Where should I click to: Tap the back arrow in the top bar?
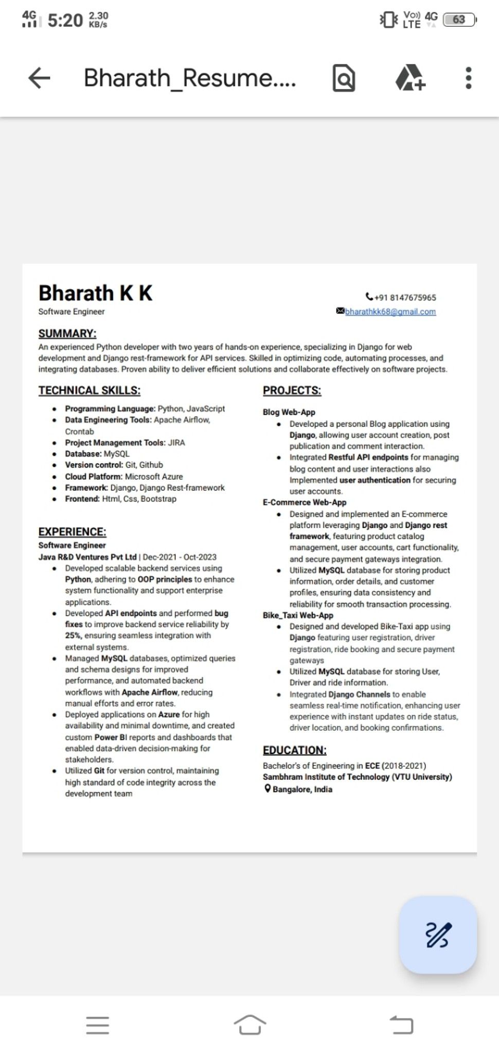click(x=39, y=78)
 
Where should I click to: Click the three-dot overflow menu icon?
click(x=468, y=78)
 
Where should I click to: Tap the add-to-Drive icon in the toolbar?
click(x=410, y=78)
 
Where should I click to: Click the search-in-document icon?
click(x=344, y=78)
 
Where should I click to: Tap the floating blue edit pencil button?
click(x=438, y=935)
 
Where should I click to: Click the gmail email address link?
click(x=390, y=311)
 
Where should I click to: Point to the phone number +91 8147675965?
click(x=405, y=297)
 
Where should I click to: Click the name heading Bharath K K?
click(x=96, y=293)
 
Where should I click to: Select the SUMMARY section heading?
click(x=67, y=333)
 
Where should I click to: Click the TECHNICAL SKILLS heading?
click(x=90, y=391)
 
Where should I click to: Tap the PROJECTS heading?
click(x=292, y=391)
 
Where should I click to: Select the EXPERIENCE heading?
click(x=73, y=532)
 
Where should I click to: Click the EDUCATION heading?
click(x=295, y=750)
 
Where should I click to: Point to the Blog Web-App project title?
click(x=289, y=412)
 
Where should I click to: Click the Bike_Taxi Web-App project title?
click(x=298, y=615)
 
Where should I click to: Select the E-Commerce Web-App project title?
click(x=305, y=502)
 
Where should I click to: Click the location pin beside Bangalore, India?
click(x=268, y=788)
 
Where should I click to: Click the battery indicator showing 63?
click(x=459, y=20)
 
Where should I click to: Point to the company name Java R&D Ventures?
click(x=87, y=557)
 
